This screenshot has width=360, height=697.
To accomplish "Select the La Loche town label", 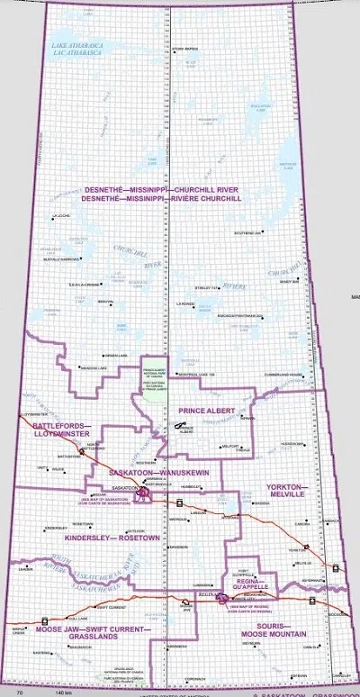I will coord(61,216).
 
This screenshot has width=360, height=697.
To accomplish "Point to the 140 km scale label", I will coord(62,693).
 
